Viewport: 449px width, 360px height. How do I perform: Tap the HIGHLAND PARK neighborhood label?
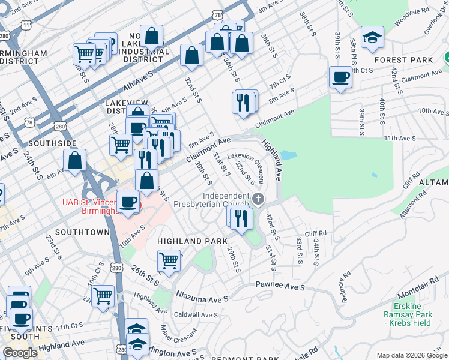[x=186, y=241]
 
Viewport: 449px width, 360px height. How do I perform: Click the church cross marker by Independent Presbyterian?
[x=258, y=199]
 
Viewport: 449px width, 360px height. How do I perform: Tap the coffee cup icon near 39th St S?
[x=340, y=77]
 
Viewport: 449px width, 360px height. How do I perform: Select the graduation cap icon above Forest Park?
[x=372, y=37]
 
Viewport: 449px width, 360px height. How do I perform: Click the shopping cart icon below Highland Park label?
[x=169, y=260]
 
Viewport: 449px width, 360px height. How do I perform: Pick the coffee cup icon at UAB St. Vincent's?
[x=127, y=202]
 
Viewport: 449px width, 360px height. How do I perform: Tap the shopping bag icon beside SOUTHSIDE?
[x=75, y=160]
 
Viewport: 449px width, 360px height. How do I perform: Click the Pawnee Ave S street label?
[x=280, y=286]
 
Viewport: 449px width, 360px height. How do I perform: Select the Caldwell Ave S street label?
[x=196, y=314]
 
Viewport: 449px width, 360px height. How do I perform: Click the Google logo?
[x=20, y=353]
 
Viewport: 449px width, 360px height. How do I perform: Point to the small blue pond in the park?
[x=288, y=155]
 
